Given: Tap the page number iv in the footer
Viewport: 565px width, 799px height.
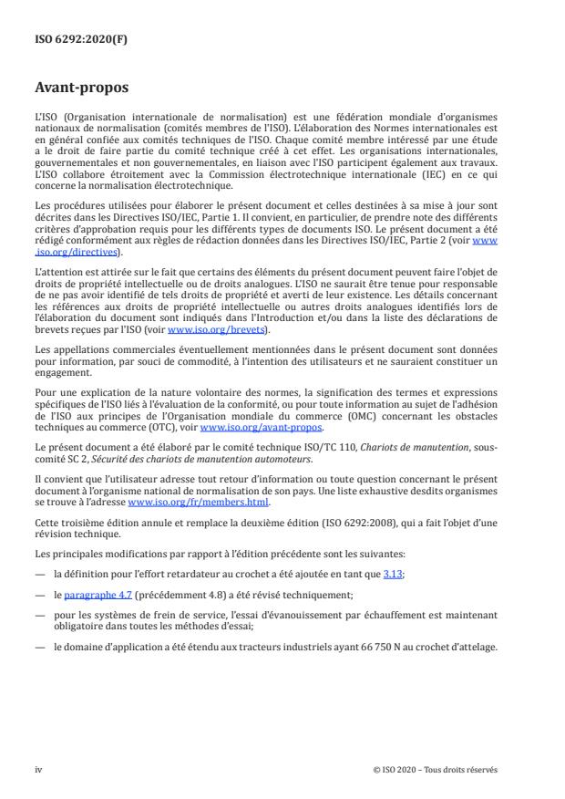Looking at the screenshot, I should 39,769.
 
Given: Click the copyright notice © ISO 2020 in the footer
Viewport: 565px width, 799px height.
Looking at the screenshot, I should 436,769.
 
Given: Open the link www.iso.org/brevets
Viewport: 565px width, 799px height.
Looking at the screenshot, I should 203,330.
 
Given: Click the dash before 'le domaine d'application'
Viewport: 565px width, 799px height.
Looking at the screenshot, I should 40,647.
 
